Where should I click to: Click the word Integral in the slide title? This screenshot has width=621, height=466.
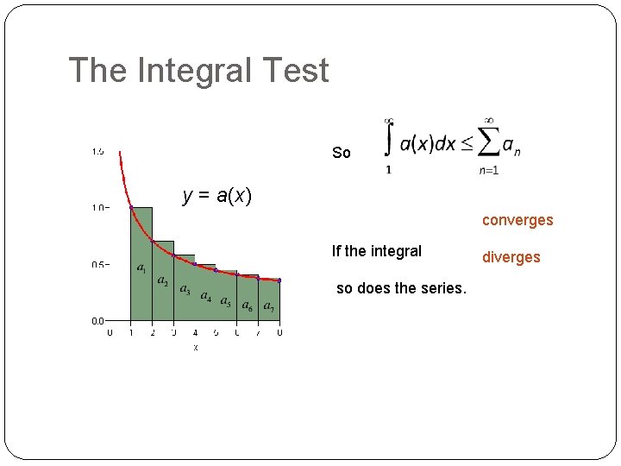198,71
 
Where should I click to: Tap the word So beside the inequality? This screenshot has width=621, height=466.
342,153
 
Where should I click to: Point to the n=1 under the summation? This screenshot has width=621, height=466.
489,171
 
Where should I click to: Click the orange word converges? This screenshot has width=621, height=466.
517,220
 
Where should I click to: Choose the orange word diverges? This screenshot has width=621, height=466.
511,257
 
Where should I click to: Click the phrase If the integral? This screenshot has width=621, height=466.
377,251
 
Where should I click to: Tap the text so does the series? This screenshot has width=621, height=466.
401,288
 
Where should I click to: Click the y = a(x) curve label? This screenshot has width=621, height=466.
217,196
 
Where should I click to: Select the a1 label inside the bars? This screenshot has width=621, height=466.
141,268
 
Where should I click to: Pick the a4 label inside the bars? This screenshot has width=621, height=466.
206,297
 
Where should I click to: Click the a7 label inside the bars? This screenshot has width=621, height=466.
268,306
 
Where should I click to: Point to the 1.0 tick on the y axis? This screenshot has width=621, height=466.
99,208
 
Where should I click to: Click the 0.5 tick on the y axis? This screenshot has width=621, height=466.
99,264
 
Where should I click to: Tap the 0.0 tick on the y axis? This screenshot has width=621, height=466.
99,320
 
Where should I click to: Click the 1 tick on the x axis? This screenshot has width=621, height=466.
130,332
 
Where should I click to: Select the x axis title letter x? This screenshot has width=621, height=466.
195,347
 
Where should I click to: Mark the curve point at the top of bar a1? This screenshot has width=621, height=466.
131,208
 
